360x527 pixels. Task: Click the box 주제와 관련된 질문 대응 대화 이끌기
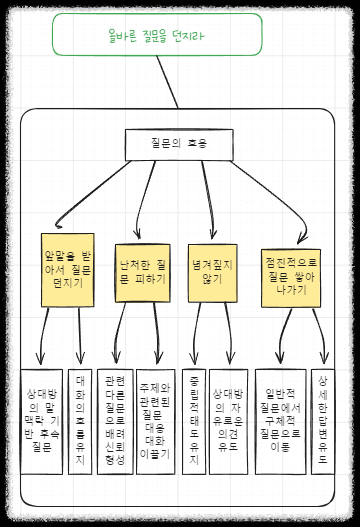point(155,421)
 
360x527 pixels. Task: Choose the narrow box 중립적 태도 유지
point(194,421)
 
